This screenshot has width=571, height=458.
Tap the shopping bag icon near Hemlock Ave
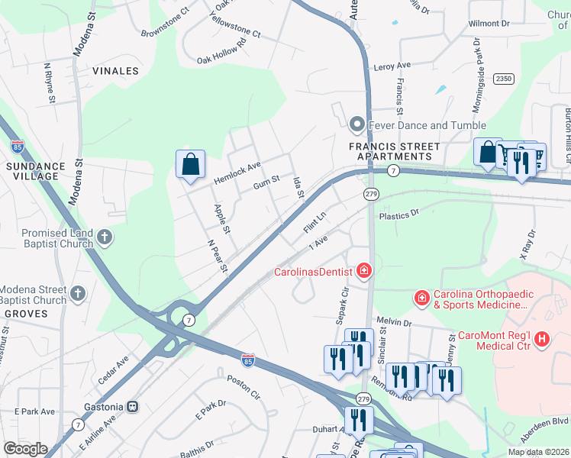point(190,165)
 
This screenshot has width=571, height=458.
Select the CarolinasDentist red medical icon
point(364,271)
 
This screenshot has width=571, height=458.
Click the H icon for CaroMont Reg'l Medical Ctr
point(542,338)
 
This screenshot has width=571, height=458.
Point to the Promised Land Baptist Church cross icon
point(105,238)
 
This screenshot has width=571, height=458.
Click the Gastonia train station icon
point(132,407)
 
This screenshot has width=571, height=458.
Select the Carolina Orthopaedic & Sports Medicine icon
point(421,297)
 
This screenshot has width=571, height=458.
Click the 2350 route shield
point(503,79)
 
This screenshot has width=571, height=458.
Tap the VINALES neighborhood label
point(115,71)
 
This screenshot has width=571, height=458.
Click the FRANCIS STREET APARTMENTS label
point(394,151)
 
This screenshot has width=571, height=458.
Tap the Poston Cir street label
point(244,386)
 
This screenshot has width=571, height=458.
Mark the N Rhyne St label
point(50,83)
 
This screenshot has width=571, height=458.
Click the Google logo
point(25,449)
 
